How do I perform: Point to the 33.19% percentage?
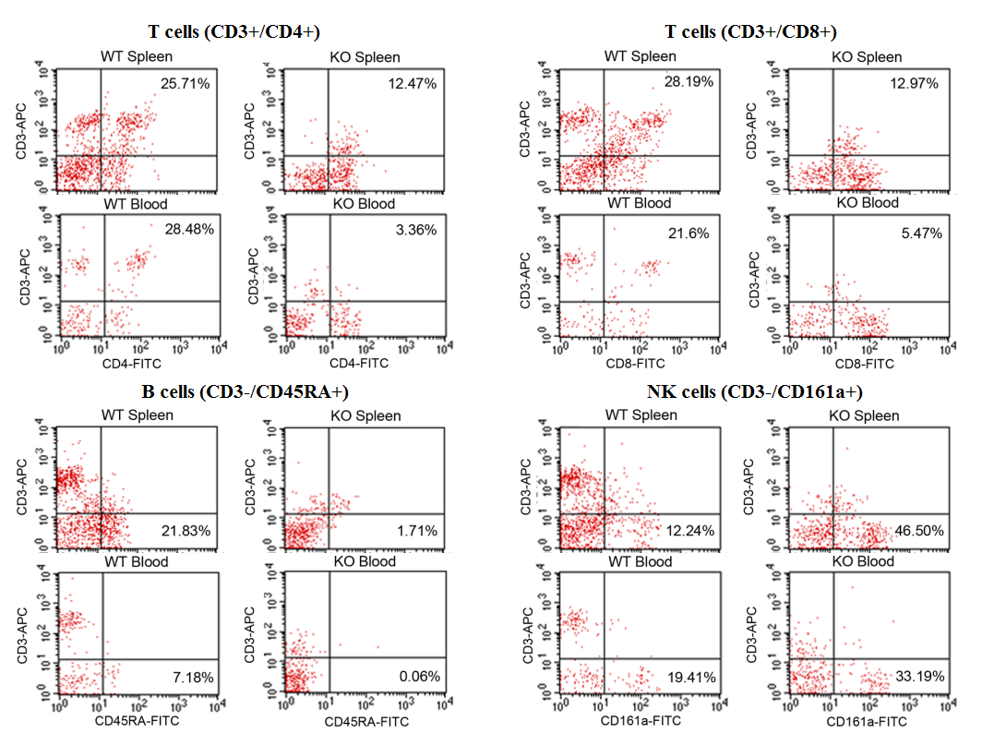click(919, 677)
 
